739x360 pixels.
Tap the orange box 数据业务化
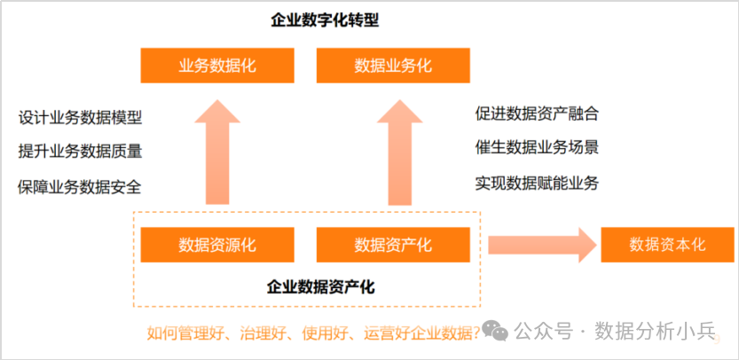pyautogui.click(x=393, y=66)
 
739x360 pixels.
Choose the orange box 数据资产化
pyautogui.click(x=393, y=245)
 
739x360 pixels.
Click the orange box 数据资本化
pyautogui.click(x=667, y=245)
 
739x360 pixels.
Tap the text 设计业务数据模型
pyautogui.click(x=80, y=118)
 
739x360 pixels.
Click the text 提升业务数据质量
pyautogui.click(x=80, y=152)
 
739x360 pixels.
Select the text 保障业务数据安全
pyautogui.click(x=80, y=186)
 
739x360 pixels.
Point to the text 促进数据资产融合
pyautogui.click(x=537, y=113)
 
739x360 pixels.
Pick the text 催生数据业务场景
pyautogui.click(x=537, y=147)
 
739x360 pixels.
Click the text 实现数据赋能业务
pyautogui.click(x=537, y=183)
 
